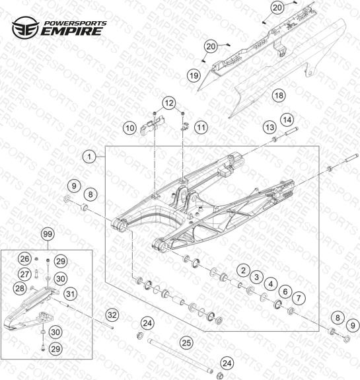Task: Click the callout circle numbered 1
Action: [x=90, y=157]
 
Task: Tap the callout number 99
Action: [x=48, y=235]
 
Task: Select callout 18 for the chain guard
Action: [x=279, y=95]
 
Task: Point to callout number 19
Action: [x=194, y=76]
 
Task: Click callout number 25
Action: [x=186, y=343]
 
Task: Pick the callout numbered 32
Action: [x=112, y=315]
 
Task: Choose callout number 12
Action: [x=169, y=103]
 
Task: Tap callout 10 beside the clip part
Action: [x=130, y=128]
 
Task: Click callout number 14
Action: [x=287, y=120]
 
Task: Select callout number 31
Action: [x=71, y=294]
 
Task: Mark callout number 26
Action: [x=24, y=259]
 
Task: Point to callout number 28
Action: [x=20, y=288]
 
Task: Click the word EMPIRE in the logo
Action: [x=71, y=32]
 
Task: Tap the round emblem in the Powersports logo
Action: [x=26, y=27]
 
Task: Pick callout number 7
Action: [x=299, y=298]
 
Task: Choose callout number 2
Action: [x=244, y=270]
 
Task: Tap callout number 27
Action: [x=24, y=274]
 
